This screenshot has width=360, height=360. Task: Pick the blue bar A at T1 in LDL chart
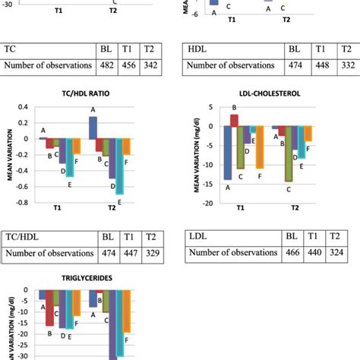pos(227,152)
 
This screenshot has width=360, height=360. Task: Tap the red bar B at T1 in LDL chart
pos(235,119)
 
